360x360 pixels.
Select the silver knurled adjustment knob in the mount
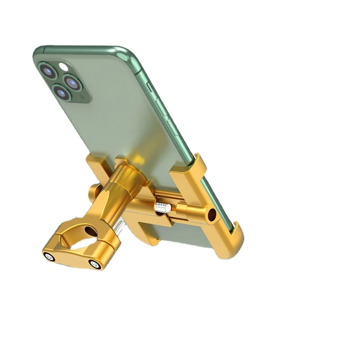(x=162, y=207)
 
